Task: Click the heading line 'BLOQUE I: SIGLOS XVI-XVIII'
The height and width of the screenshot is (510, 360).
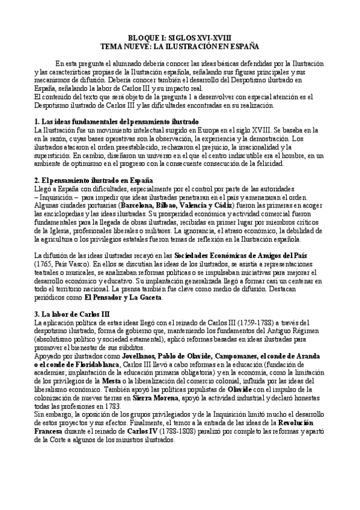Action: pos(180,37)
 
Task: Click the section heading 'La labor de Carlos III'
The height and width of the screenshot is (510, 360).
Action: pos(72,315)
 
